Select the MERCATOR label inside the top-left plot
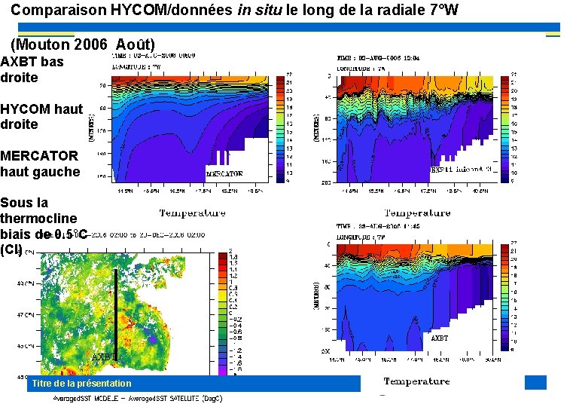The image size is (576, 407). [224, 173]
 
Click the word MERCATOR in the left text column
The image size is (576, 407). [39, 156]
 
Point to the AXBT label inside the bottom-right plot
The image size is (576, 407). [439, 338]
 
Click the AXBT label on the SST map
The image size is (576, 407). [105, 357]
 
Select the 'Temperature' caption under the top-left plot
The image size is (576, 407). [192, 213]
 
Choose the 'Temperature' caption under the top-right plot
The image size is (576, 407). [417, 213]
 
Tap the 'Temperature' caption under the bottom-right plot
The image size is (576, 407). [416, 381]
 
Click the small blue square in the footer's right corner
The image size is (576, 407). [535, 382]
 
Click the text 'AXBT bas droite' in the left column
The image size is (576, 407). [32, 69]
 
